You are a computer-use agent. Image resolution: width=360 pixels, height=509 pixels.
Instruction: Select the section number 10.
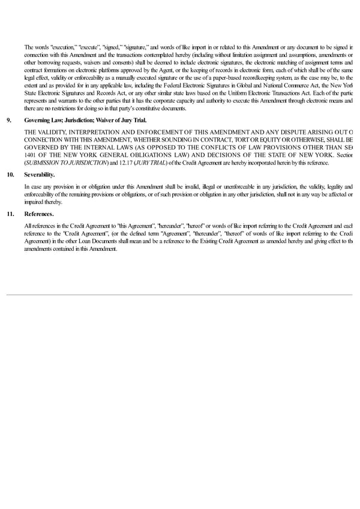[x=10, y=175]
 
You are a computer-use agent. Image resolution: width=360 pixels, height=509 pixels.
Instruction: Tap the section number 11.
[x=10, y=213]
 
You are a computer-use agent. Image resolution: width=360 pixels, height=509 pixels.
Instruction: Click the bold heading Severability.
[x=39, y=175]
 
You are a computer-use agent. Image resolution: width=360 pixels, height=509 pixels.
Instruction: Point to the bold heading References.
[x=39, y=213]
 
